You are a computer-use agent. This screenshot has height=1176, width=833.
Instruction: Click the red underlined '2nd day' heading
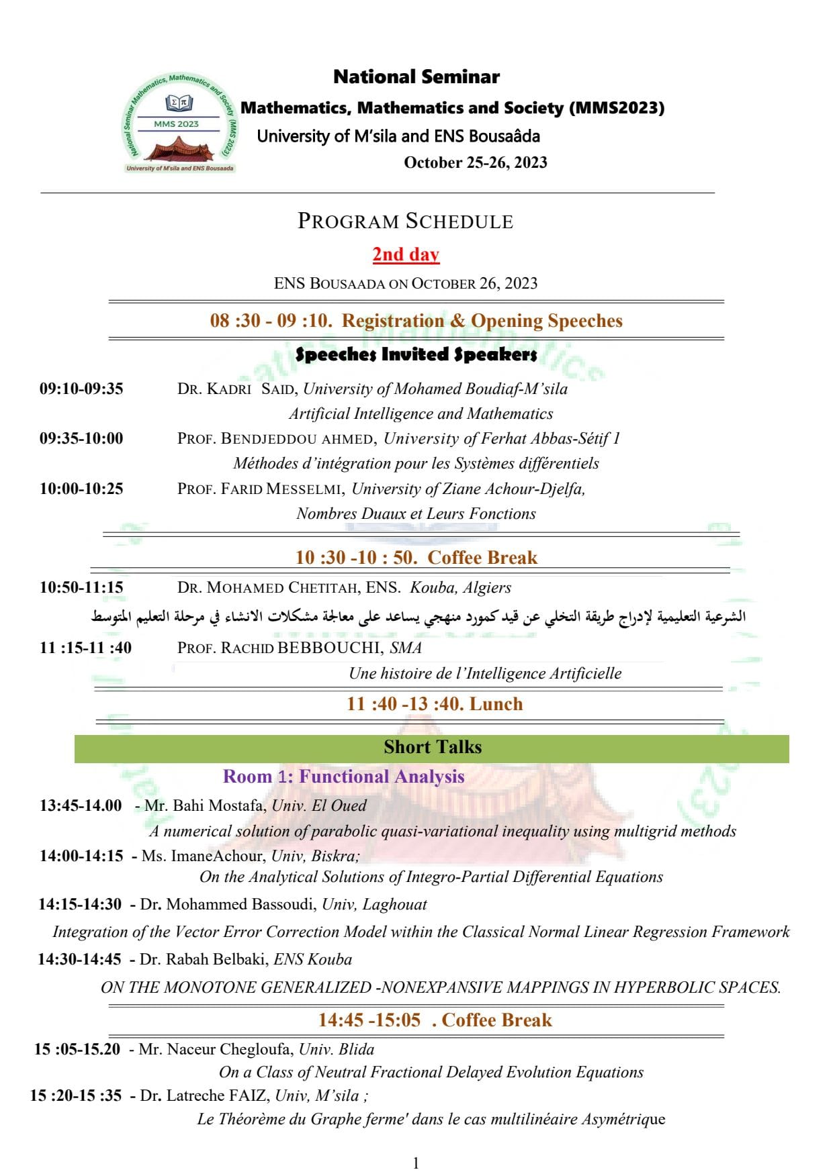point(406,254)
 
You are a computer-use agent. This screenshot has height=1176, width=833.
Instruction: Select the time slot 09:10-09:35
point(81,389)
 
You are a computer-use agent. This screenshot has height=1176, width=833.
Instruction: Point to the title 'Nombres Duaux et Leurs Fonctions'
point(416,513)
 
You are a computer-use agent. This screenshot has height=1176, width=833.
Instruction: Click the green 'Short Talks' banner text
point(433,747)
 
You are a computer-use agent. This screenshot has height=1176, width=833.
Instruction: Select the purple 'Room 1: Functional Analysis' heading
point(343,777)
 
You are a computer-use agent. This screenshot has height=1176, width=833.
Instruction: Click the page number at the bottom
point(416,1163)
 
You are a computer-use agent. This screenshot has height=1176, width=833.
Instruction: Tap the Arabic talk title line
point(418,617)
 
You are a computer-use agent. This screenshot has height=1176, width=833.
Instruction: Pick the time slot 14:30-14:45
point(79,959)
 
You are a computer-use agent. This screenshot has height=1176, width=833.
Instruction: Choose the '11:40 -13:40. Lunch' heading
point(434,704)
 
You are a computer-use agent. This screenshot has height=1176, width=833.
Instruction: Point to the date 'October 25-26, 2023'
point(475,162)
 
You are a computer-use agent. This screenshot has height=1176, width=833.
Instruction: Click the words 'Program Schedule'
point(405,222)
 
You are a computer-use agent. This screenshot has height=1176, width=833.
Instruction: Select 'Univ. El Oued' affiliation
point(319,805)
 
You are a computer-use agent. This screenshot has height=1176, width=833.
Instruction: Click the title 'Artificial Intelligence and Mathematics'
point(421,413)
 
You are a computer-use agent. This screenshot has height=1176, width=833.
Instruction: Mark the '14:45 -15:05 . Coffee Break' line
point(435,1020)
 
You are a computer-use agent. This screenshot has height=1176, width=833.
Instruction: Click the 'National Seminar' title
point(416,77)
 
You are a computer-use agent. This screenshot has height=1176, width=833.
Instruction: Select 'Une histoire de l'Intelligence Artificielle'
point(485,673)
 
